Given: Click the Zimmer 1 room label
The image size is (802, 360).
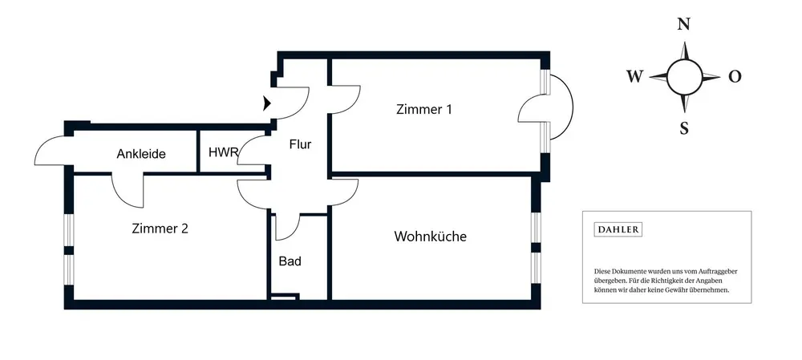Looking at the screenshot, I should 423,110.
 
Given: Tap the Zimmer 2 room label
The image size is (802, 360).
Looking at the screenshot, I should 160,229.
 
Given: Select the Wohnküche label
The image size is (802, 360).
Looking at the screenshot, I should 430,237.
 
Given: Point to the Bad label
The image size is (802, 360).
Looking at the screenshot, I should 290,261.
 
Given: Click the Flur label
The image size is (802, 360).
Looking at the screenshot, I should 300,145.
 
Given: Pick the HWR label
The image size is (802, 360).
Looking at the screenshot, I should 222,152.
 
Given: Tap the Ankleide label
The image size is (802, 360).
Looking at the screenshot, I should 141,154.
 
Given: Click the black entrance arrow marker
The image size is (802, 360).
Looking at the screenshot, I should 267,103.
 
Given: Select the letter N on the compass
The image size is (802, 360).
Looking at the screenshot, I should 684,24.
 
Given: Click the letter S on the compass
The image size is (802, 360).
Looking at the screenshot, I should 684,127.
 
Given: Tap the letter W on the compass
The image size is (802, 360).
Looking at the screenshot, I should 634,76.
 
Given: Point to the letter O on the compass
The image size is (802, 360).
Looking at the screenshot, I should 734,77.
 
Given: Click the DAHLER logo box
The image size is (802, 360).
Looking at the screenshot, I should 618,229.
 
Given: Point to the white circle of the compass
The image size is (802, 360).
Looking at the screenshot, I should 684,76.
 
